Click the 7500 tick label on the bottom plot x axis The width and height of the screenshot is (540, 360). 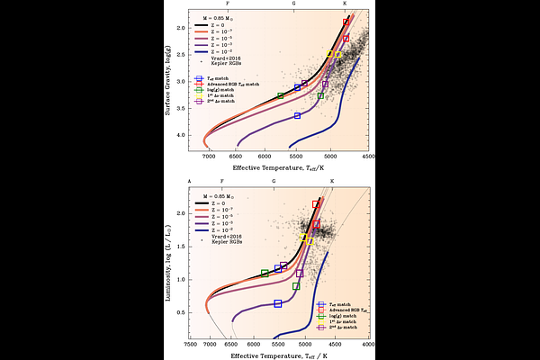pyautogui.click(x=190, y=344)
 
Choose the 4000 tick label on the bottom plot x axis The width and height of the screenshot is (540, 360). pyautogui.click(x=367, y=344)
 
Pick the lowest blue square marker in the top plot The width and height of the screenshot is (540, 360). pyautogui.click(x=297, y=116)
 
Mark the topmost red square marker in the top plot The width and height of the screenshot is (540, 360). pyautogui.click(x=346, y=21)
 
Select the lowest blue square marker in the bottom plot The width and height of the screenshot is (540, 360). pyautogui.click(x=278, y=303)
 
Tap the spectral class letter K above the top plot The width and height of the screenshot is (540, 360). pyautogui.click(x=345, y=4)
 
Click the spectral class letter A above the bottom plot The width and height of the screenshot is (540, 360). pyautogui.click(x=190, y=181)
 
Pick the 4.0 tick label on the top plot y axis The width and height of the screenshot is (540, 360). pyautogui.click(x=181, y=136)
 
